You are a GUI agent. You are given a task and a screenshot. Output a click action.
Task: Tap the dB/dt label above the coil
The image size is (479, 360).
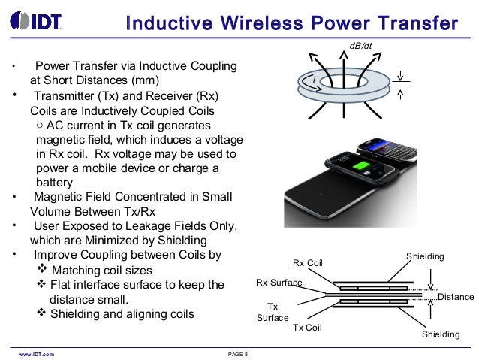coord(361,47)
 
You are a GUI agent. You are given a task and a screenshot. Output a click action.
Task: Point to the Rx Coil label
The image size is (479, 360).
coord(307,262)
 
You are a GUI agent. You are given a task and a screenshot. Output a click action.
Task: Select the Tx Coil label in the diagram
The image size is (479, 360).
coord(307,328)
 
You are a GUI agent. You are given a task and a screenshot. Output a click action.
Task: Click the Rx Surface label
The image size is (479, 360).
coord(279,283)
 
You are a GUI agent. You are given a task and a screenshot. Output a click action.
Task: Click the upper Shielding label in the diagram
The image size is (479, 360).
coord(425,257)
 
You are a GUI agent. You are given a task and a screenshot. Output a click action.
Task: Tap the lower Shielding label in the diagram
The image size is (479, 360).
coord(440,334)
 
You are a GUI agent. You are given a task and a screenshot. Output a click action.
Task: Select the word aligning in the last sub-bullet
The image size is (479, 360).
coord(149,313)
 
